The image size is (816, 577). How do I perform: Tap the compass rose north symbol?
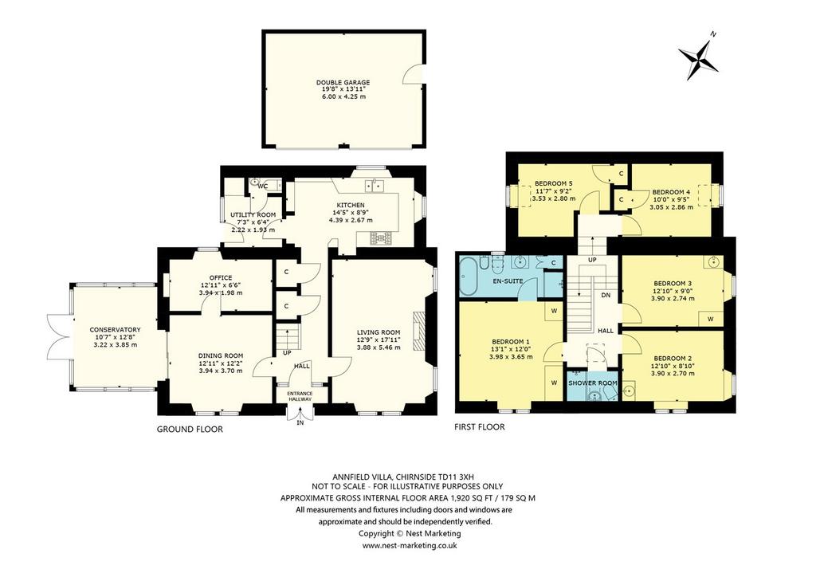(700, 57)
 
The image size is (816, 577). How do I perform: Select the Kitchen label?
(351, 205)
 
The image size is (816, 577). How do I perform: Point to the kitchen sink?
(375, 184)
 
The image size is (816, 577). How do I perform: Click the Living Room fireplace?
(418, 331)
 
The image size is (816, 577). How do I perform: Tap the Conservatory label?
(115, 330)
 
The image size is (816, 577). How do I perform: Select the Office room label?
(221, 278)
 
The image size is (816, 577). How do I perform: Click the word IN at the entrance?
(300, 423)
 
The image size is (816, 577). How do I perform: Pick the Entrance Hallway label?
(300, 396)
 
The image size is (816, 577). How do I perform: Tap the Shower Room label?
(593, 383)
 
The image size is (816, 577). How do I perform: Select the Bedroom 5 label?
(554, 183)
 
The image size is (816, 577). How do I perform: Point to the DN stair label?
(606, 295)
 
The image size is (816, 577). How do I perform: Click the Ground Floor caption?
(190, 430)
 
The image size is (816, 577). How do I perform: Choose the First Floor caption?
(479, 427)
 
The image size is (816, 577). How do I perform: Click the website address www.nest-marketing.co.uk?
(410, 546)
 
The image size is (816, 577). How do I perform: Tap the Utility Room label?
(253, 215)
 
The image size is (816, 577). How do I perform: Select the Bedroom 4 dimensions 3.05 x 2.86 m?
(671, 206)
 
